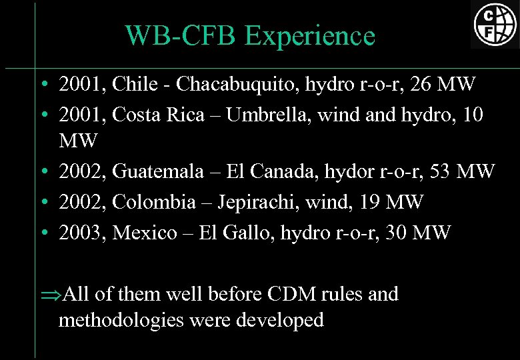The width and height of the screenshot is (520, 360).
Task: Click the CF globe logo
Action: [495, 24]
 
